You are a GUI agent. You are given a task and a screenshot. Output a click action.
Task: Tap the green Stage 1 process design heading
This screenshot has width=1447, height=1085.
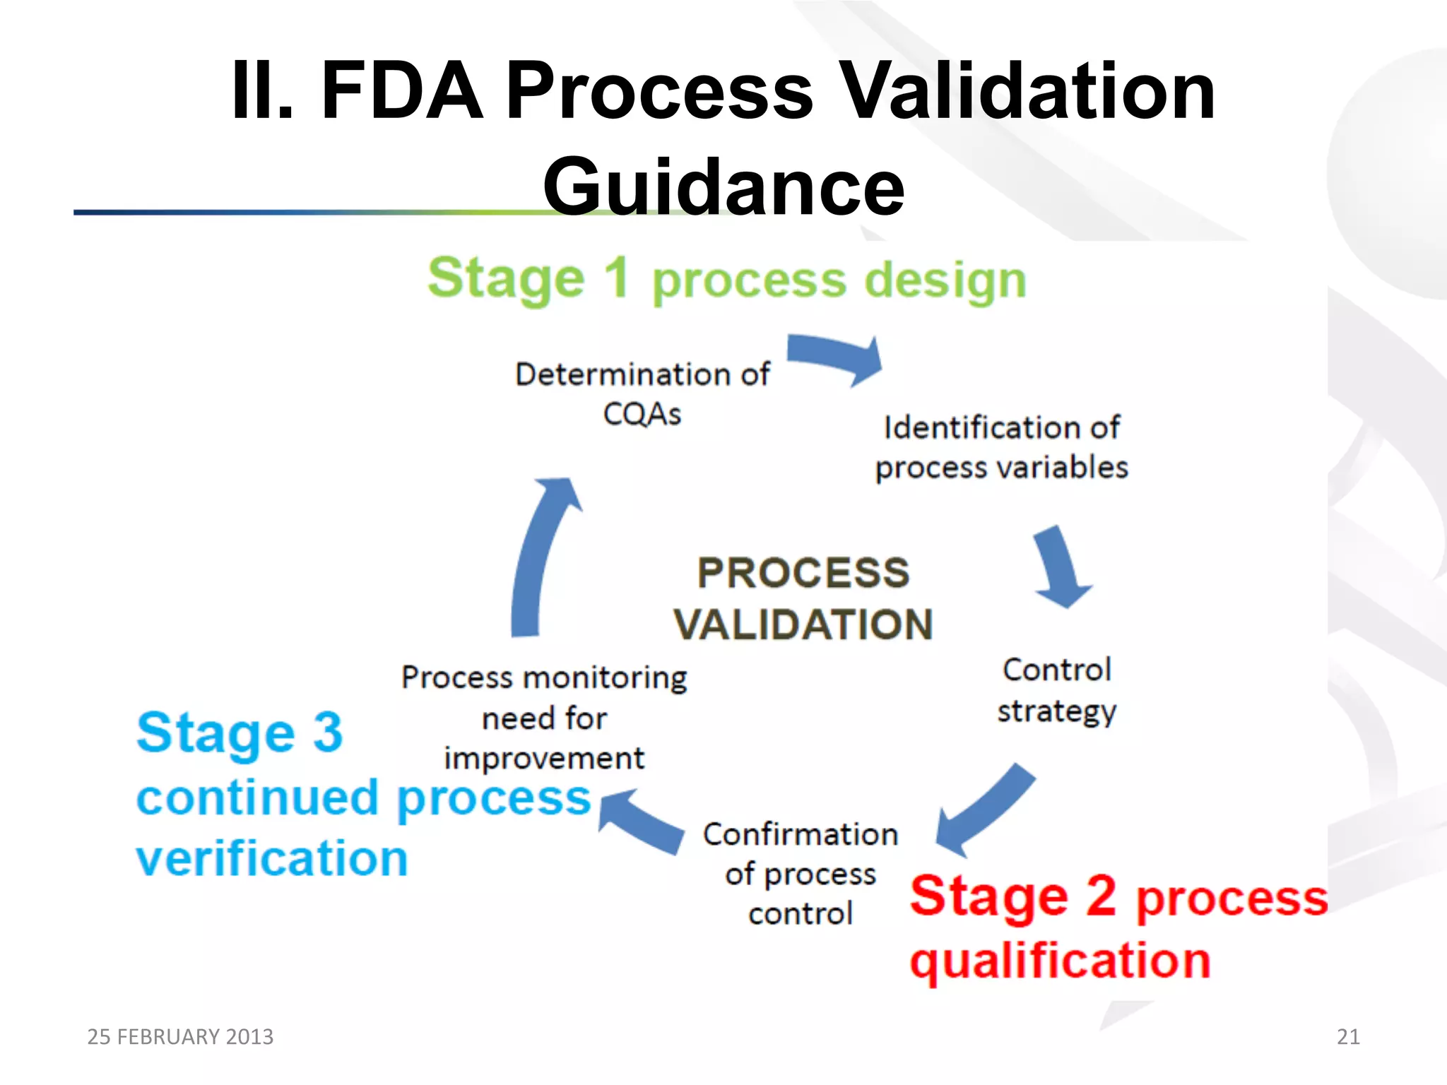click(x=726, y=280)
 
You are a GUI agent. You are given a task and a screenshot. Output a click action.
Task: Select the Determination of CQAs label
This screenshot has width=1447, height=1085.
click(x=642, y=393)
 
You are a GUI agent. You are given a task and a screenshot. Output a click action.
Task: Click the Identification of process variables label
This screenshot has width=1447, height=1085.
click(x=1001, y=447)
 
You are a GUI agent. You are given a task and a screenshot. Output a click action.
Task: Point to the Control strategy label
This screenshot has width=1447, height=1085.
click(x=1056, y=690)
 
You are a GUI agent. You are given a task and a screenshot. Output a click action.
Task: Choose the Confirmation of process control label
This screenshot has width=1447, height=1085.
click(x=801, y=873)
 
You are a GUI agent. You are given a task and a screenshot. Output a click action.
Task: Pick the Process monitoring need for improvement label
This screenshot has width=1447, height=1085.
click(x=544, y=717)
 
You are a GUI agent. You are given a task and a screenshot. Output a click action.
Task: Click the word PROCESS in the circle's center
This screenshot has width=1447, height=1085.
click(x=803, y=572)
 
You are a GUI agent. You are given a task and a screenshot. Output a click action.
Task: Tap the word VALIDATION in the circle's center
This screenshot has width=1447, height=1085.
click(x=803, y=624)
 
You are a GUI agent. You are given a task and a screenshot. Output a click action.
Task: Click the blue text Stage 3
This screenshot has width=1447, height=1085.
click(x=240, y=733)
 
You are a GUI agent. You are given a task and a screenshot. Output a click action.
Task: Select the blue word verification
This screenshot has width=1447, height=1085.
click(x=272, y=858)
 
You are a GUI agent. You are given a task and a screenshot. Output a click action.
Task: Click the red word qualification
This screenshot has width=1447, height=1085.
click(x=1060, y=961)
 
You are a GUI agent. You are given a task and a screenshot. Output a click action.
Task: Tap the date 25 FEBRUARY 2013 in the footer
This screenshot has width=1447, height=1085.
click(x=180, y=1036)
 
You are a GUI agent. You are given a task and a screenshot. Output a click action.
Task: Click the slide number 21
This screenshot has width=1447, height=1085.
click(x=1348, y=1036)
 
